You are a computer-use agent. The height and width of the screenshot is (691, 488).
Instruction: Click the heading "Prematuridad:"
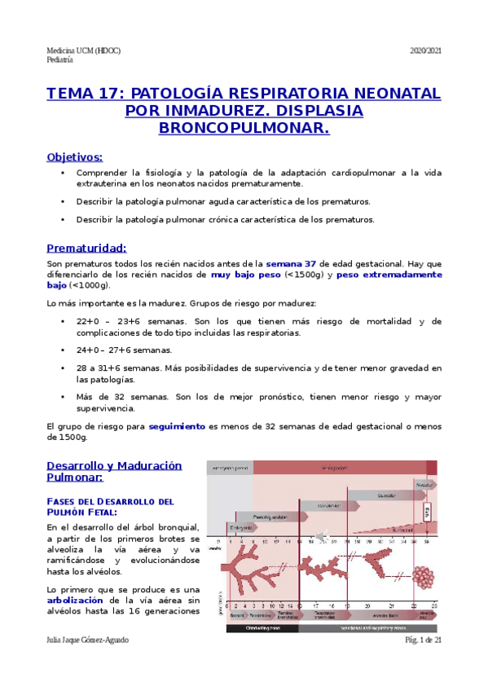(x=86, y=248)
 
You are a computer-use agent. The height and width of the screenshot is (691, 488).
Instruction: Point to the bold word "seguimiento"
(x=177, y=426)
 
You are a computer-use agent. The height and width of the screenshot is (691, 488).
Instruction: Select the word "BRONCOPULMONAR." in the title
(x=244, y=128)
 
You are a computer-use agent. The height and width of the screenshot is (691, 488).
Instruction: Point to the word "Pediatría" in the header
(x=60, y=60)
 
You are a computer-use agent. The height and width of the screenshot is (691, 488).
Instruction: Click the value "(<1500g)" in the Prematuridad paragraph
(x=306, y=275)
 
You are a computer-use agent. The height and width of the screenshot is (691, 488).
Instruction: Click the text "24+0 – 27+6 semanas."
(x=124, y=350)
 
